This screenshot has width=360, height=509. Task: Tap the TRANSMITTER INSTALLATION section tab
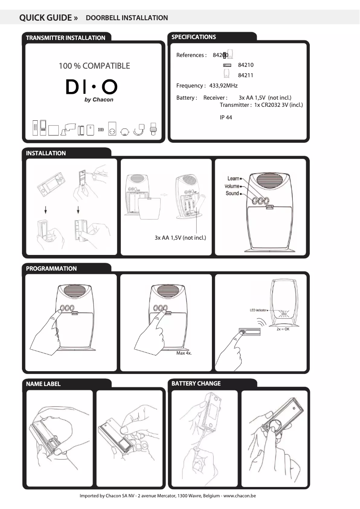point(66,38)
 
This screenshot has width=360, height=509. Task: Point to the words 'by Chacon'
point(99,100)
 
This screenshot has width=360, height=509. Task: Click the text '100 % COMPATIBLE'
point(94,66)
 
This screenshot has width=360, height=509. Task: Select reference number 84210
point(246,65)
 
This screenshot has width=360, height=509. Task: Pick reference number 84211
point(246,75)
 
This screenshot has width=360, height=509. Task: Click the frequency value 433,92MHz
point(223,86)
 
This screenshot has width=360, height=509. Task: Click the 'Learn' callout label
point(233,179)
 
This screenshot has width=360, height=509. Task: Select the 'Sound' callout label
point(232,193)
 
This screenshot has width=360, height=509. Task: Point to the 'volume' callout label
point(232,186)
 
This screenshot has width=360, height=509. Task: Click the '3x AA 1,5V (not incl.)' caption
point(180,237)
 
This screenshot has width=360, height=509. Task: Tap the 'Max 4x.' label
point(184,353)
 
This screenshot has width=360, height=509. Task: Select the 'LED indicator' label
point(259,310)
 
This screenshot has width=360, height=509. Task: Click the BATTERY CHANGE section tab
point(196,383)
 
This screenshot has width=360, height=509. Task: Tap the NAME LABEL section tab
point(43,384)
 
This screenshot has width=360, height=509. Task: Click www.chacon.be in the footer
point(240,496)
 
